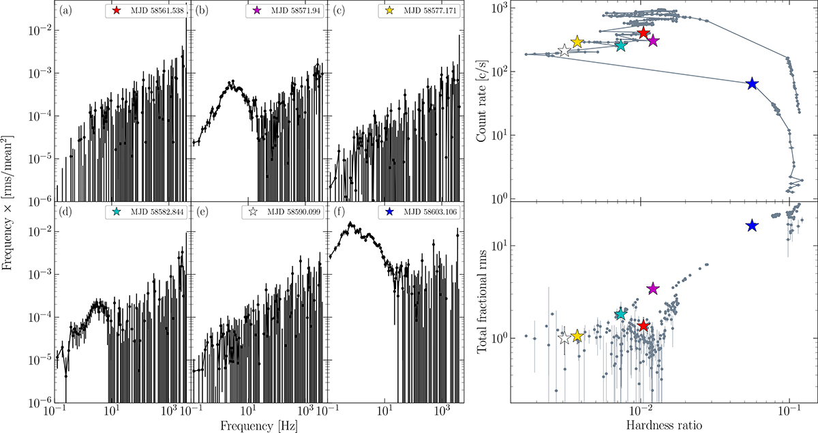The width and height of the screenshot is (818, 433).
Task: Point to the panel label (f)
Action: (x=338, y=212)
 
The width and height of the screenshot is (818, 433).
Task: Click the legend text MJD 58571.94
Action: (x=296, y=12)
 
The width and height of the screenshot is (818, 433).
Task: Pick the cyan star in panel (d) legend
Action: (x=119, y=213)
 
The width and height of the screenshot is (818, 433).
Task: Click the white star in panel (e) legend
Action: (x=256, y=213)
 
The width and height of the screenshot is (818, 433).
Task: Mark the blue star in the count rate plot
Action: (x=752, y=83)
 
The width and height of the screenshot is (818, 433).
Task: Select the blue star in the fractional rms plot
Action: (x=752, y=226)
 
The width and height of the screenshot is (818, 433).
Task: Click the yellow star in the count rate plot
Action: (x=577, y=42)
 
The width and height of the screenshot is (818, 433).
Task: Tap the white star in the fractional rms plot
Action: (x=564, y=338)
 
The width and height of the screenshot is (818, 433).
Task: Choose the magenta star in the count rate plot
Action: (x=653, y=41)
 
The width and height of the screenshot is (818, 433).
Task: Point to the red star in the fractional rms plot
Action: (x=643, y=326)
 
